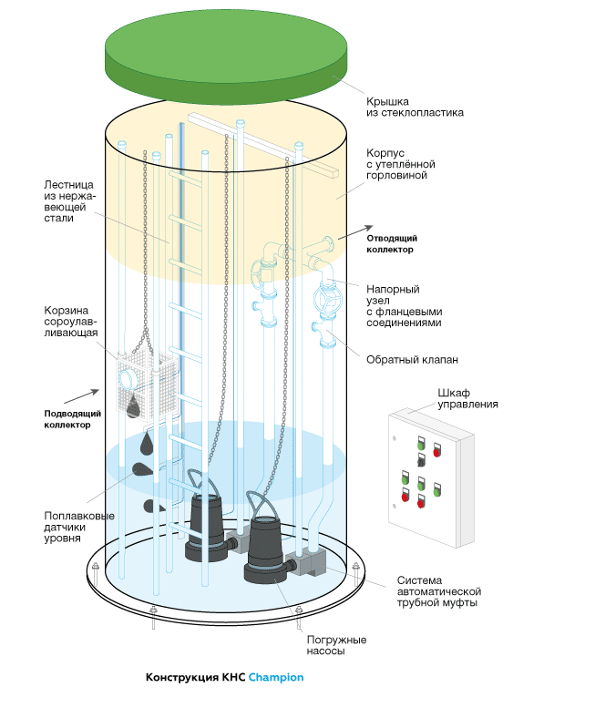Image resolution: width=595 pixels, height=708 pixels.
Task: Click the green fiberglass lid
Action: tap(226, 56)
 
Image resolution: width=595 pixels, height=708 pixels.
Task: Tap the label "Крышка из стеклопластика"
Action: tap(415, 107)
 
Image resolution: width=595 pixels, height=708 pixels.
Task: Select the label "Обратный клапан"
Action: tap(412, 360)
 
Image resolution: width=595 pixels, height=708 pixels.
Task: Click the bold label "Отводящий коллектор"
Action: tap(392, 244)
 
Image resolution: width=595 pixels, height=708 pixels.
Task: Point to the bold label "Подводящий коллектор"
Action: tap(72, 419)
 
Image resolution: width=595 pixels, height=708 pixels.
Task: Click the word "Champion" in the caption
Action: tap(276, 677)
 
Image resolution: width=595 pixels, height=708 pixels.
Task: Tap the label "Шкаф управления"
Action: tap(467, 398)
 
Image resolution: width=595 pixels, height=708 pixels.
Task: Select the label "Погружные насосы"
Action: tap(336, 645)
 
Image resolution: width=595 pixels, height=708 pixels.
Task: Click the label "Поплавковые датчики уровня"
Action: tap(79, 527)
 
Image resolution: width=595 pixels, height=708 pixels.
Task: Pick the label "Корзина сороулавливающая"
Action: tap(70, 322)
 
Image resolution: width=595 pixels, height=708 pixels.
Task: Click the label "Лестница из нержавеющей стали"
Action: tap(69, 201)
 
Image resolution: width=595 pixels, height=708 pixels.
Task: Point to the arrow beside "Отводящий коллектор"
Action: tap(355, 232)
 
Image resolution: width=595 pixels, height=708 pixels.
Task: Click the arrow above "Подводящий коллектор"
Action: tap(81, 396)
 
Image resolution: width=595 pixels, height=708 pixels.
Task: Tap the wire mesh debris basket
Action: tap(146, 384)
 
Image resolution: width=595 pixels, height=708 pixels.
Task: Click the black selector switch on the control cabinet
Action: tap(421, 459)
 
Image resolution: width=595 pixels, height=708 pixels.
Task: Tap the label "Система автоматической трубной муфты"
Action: tap(439, 591)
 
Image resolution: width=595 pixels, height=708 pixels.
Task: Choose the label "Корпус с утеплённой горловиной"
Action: tap(400, 164)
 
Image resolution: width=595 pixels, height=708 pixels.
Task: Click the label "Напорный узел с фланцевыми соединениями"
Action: tap(404, 305)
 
